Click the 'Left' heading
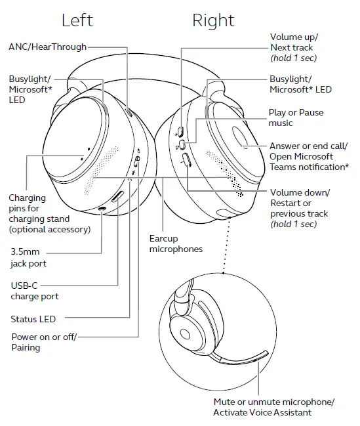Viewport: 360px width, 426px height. point(77,20)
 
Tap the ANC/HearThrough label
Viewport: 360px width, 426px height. point(47,47)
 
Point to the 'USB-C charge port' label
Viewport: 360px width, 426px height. point(35,291)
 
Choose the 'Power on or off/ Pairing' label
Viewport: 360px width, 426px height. point(43,342)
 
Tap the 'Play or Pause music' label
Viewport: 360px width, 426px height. point(296,117)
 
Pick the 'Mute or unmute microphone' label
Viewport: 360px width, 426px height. point(273,406)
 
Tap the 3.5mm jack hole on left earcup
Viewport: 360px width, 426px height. point(102,209)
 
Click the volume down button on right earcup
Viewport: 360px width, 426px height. point(185,160)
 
